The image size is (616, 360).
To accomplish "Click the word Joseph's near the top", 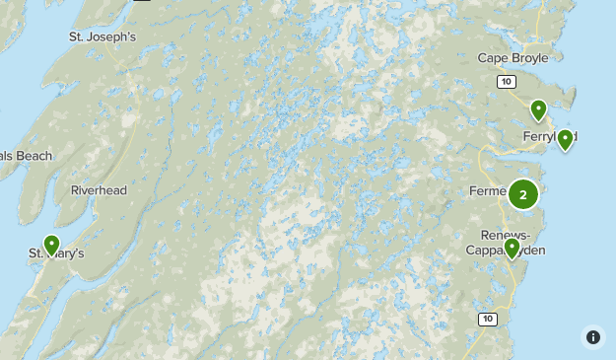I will click(110, 37).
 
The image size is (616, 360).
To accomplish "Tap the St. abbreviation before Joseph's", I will click(77, 37).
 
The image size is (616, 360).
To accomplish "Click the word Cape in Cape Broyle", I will click(493, 58).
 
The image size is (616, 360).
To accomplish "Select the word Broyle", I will click(528, 58).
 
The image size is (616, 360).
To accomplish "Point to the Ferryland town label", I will click(546, 136).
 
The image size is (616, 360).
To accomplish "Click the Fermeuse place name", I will click(489, 190).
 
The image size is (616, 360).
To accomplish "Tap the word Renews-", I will click(505, 235).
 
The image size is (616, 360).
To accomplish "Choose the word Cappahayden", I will click(505, 251).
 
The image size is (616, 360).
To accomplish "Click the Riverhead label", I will click(99, 190).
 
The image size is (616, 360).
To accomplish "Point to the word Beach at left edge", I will click(33, 156).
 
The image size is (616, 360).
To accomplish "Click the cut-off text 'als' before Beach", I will click(6, 156).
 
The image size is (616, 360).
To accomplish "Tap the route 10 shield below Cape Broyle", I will click(506, 81).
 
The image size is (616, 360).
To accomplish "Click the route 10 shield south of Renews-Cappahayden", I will click(488, 319).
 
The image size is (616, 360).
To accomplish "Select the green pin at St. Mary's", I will click(51, 244).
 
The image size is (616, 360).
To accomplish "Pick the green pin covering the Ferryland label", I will click(565, 139).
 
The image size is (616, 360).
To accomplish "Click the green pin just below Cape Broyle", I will click(538, 109).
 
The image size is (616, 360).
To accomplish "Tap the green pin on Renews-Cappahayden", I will click(511, 247).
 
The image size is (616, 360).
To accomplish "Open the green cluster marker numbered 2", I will click(523, 194).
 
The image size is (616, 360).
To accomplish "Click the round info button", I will click(592, 336).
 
